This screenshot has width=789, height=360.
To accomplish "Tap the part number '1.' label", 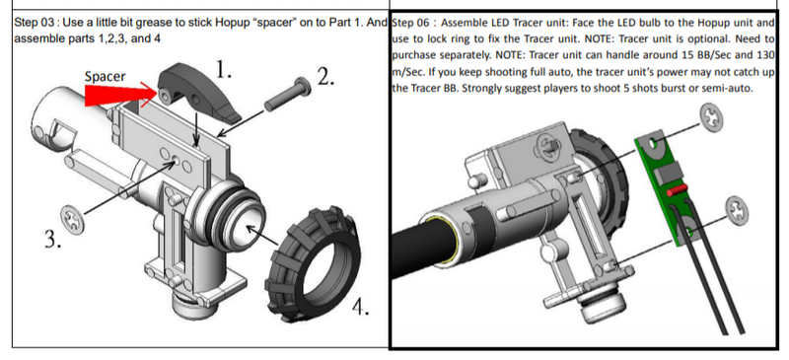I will click(x=224, y=69).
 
